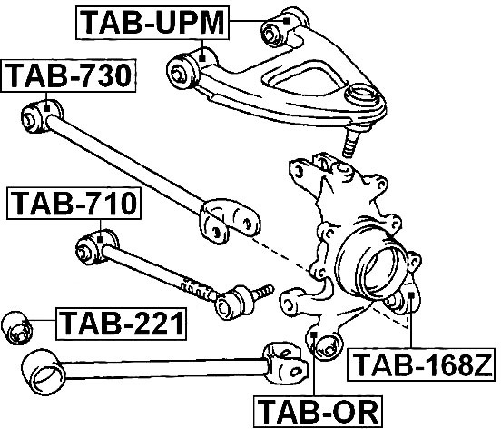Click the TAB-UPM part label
[152, 23]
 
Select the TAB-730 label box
[69, 75]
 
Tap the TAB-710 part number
[74, 204]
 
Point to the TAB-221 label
[121, 324]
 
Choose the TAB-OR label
[318, 412]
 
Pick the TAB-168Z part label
[421, 364]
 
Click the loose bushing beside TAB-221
[17, 327]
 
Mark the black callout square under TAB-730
[46, 108]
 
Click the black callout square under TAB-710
[100, 239]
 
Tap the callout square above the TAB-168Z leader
[411, 295]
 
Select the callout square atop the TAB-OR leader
[314, 334]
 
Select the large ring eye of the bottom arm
[44, 373]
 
